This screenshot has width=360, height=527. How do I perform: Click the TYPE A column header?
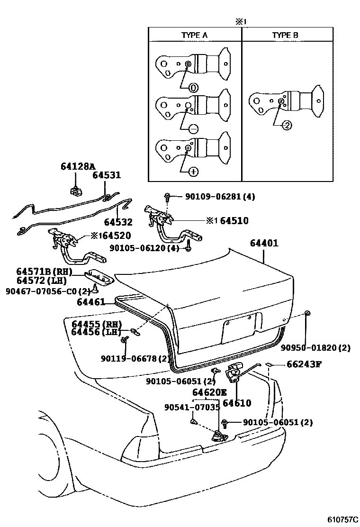pos(195,35)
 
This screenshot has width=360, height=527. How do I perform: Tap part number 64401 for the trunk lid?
pos(264,244)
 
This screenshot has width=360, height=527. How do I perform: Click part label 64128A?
pos(78,166)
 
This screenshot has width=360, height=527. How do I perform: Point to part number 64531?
pos(107,175)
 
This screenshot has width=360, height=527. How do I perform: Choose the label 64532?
pos(118,222)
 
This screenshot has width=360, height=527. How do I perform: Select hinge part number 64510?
pos(234,220)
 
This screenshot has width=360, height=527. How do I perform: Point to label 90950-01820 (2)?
pos(315,347)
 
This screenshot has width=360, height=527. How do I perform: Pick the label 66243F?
pos(304,364)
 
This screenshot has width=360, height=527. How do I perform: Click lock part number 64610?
pos(237,403)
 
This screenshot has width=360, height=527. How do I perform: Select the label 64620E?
pos(209,392)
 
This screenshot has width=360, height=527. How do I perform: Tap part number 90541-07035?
pos(192,407)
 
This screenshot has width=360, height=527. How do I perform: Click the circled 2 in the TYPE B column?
pos(286,125)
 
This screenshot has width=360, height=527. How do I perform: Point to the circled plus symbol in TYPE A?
pos(193,172)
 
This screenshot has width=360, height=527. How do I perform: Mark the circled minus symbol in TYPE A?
pos(193,129)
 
